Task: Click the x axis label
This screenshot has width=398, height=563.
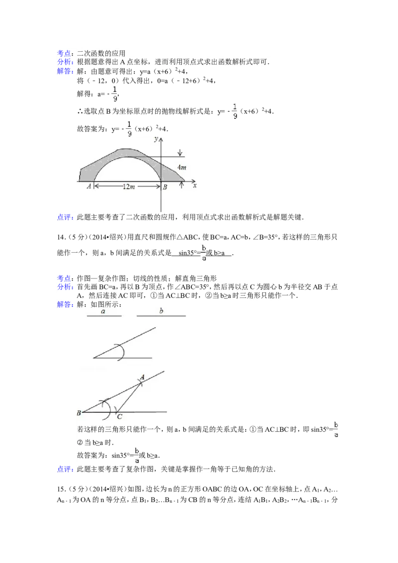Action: click(195, 185)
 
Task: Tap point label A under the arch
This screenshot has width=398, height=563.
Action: click(89, 187)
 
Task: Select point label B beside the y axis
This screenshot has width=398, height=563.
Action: click(165, 187)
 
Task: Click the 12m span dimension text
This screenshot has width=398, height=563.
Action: click(128, 187)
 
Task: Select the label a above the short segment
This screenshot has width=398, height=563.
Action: click(103, 311)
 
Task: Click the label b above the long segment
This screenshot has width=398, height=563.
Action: click(161, 310)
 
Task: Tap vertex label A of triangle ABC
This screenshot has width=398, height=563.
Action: click(142, 377)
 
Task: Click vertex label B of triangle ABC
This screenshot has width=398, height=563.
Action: click(79, 413)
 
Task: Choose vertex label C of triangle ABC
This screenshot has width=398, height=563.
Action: click(119, 417)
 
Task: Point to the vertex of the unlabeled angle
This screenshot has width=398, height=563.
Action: click(94, 358)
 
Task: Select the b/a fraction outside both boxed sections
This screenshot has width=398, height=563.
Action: click(203, 252)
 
